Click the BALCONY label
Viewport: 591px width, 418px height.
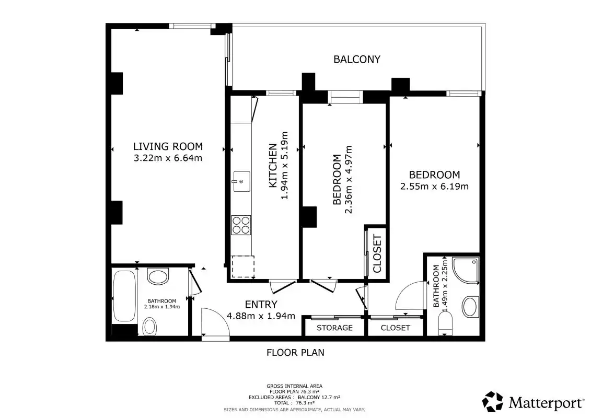click(x=356, y=59)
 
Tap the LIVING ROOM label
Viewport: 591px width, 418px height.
click(x=168, y=146)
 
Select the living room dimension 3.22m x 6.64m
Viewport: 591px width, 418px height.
click(x=168, y=158)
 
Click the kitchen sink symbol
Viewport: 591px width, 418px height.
click(x=241, y=181)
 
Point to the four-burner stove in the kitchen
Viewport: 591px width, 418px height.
click(x=241, y=225)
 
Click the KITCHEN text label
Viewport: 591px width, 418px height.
click(x=273, y=166)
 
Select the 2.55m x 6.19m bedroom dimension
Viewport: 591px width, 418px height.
click(x=434, y=186)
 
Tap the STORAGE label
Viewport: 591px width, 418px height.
click(x=334, y=328)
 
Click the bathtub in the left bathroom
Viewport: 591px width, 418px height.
click(x=124, y=296)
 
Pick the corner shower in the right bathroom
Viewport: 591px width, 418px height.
click(x=465, y=271)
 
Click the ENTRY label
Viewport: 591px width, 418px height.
click(x=261, y=304)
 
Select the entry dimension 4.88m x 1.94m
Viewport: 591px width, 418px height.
click(x=261, y=316)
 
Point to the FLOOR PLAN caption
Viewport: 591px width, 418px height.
click(x=296, y=352)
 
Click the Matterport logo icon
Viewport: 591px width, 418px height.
click(x=493, y=401)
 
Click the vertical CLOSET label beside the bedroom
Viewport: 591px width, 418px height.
click(x=377, y=253)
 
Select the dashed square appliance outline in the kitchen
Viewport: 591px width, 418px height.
click(x=243, y=267)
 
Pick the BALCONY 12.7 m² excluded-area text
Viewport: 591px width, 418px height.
click(x=319, y=397)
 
